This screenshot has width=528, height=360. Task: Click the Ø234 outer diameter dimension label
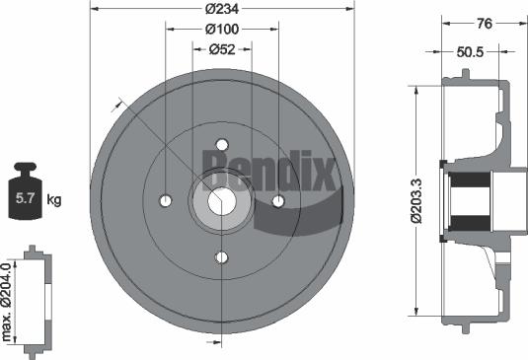click(x=222, y=9)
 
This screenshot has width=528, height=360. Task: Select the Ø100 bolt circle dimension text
click(x=222, y=30)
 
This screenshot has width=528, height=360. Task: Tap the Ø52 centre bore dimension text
click(x=222, y=49)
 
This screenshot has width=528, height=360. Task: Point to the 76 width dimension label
click(x=485, y=24)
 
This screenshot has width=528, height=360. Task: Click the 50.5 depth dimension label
click(x=470, y=52)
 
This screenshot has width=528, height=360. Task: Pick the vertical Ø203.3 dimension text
click(x=416, y=201)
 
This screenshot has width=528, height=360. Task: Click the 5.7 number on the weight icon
click(x=25, y=198)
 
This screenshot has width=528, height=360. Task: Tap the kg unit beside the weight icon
click(x=54, y=200)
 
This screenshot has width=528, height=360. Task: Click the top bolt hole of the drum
click(x=222, y=145)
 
